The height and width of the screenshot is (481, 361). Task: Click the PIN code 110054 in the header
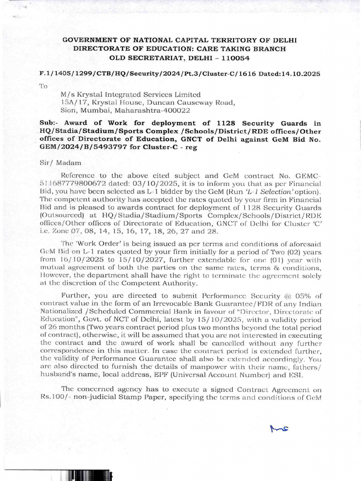[x=234, y=58]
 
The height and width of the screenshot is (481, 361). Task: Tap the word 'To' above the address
[x=43, y=86]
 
